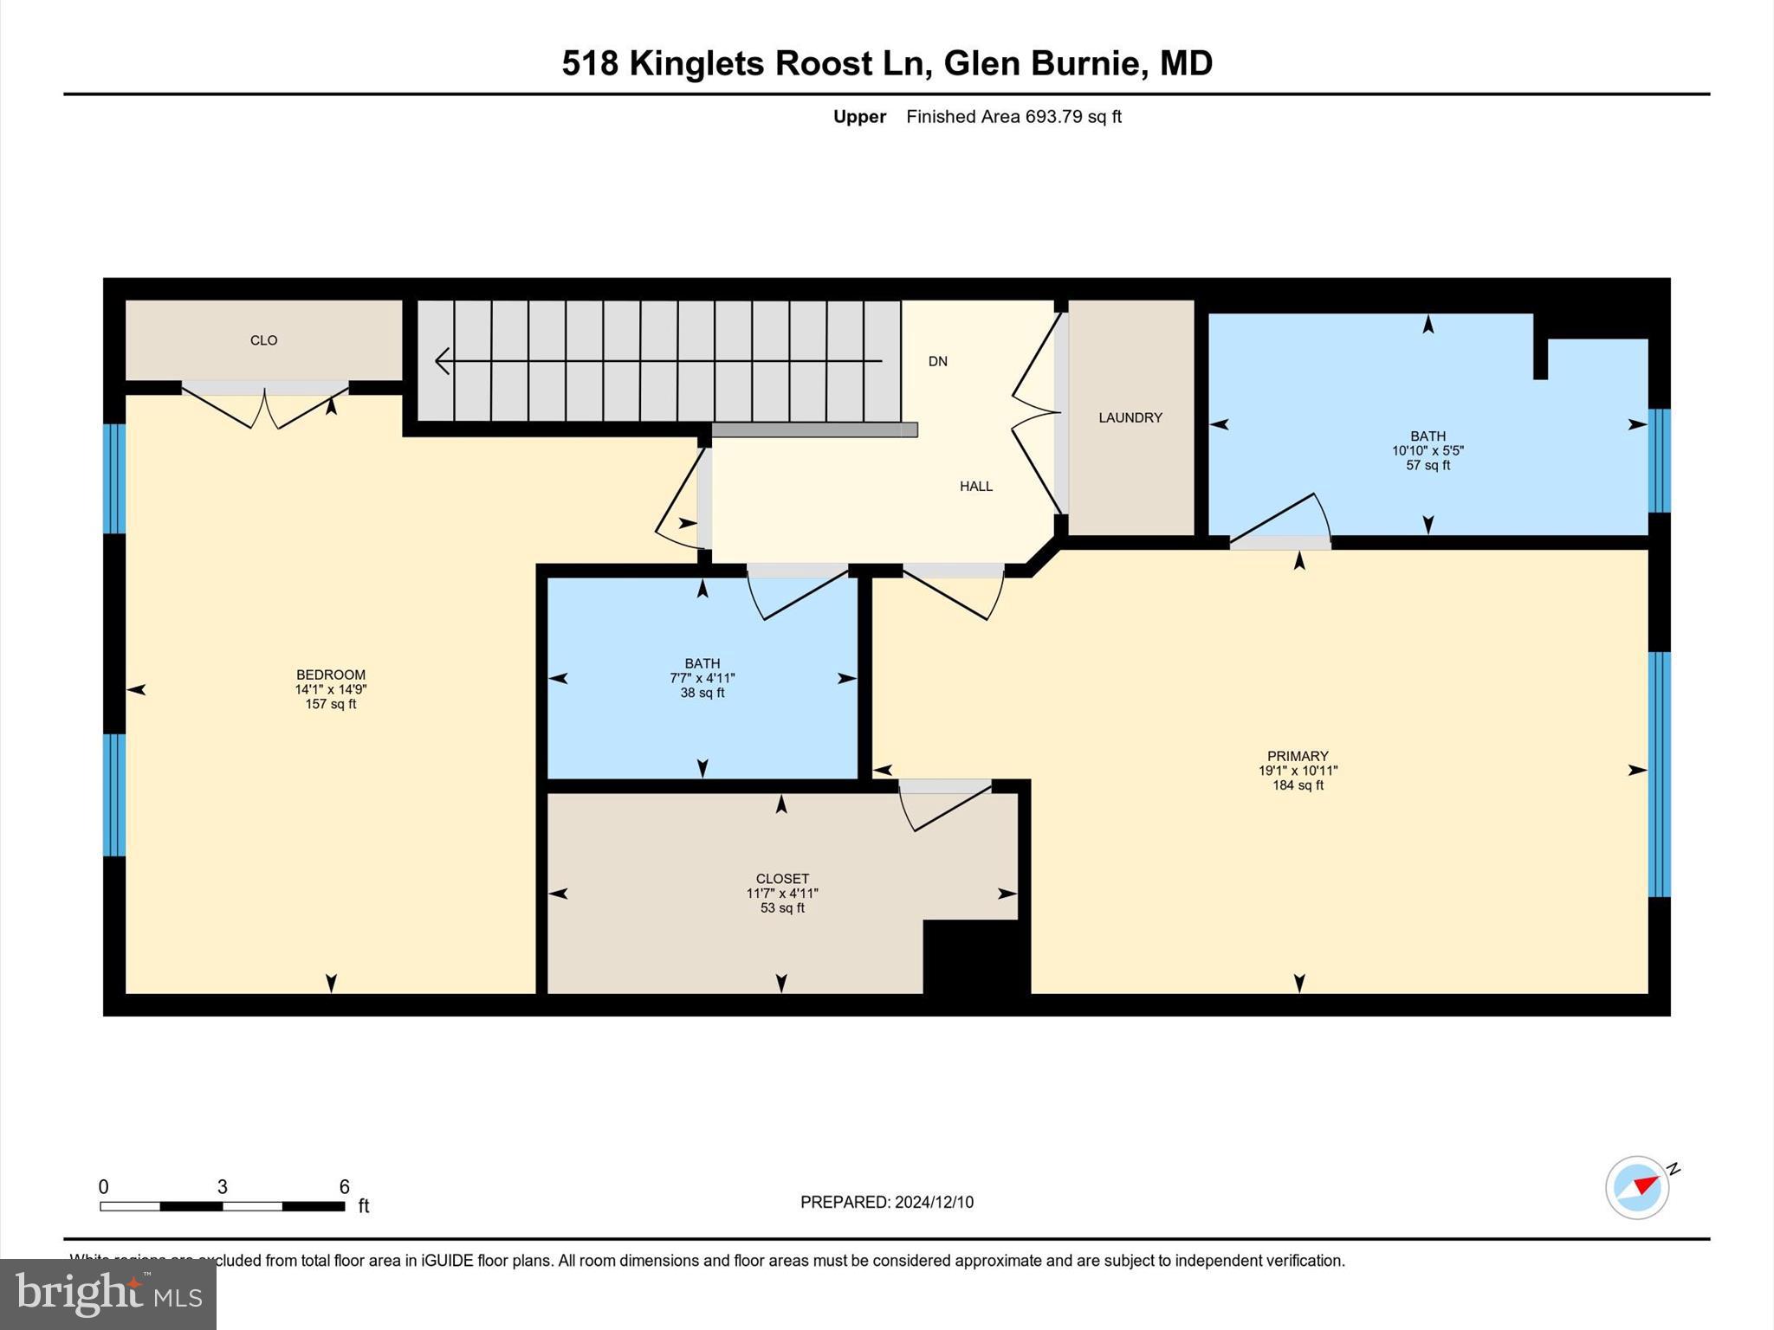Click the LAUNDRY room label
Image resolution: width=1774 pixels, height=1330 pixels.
click(x=1130, y=417)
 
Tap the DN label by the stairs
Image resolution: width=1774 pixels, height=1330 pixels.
click(x=937, y=361)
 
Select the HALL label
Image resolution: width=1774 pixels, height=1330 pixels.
click(x=975, y=487)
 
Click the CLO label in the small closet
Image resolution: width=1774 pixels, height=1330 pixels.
click(x=263, y=340)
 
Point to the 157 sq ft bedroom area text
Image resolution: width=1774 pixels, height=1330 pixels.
click(x=330, y=705)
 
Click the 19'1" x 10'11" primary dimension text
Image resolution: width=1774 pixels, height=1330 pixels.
click(x=1298, y=771)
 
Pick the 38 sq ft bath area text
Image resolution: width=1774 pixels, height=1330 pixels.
click(x=702, y=694)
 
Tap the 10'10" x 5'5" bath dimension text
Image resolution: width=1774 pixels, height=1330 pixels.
click(x=1428, y=451)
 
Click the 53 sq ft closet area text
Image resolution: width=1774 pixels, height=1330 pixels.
click(x=782, y=908)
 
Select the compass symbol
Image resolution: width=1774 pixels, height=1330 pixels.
click(x=1637, y=1188)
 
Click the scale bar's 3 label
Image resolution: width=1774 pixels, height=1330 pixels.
click(x=222, y=1187)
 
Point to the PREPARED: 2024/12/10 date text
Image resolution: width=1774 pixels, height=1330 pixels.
click(x=886, y=1202)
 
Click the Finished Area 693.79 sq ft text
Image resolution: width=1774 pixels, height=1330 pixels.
click(x=1013, y=117)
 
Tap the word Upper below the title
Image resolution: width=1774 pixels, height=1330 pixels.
click(x=859, y=117)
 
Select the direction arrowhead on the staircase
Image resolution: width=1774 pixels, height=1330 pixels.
click(x=442, y=361)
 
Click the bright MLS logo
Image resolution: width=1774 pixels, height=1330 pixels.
click(x=108, y=1294)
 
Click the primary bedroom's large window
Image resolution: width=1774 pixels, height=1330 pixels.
click(x=1658, y=774)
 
